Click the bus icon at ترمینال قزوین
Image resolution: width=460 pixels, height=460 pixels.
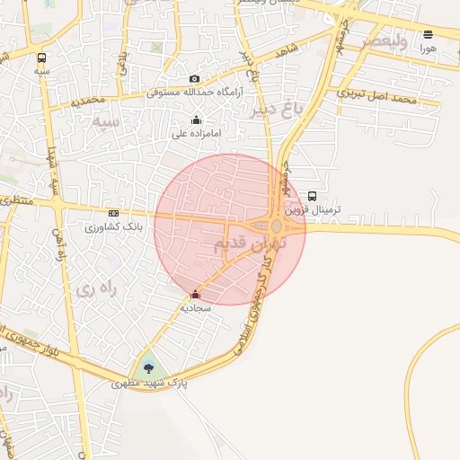coord(312,196)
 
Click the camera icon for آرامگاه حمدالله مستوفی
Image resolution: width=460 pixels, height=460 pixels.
coord(195,79)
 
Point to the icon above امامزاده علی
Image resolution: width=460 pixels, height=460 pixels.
coord(196,120)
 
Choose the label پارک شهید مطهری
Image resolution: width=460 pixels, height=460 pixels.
coord(149,383)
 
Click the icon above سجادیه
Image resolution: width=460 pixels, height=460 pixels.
coord(195,294)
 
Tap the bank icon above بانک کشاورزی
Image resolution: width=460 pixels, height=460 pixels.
coord(113,213)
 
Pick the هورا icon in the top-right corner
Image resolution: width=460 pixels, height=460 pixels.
coord(428,34)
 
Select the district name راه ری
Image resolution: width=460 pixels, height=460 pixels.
coord(95,288)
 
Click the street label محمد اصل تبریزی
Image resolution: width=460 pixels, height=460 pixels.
coord(378,95)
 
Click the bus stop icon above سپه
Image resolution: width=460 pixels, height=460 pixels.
coord(42,56)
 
